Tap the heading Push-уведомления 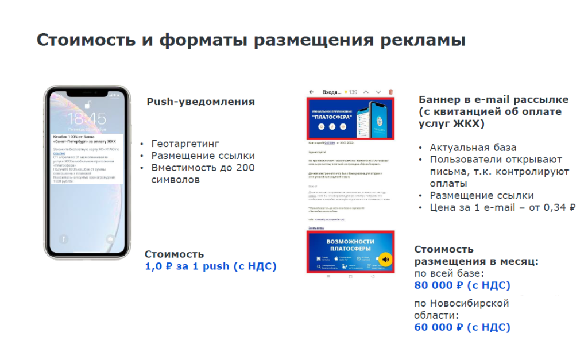tap(200, 102)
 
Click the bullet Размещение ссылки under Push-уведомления tap(203, 156)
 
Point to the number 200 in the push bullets tap(243, 168)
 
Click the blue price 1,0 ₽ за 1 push tap(210, 266)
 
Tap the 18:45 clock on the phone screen tap(86, 119)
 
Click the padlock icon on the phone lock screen tap(87, 104)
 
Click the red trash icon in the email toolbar tap(391, 92)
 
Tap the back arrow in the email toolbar tap(312, 92)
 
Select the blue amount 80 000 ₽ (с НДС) tap(462, 285)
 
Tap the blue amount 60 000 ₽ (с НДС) tap(462, 327)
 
